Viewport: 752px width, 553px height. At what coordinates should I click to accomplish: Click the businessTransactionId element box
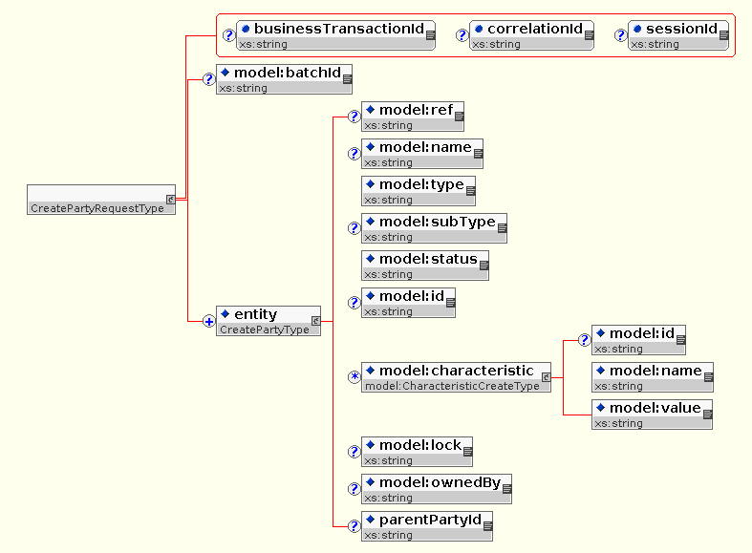click(335, 34)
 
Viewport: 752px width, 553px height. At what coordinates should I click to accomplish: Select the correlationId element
click(531, 34)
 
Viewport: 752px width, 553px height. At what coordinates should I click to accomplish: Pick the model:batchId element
click(285, 78)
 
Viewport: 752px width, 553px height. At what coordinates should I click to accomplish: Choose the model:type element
click(419, 190)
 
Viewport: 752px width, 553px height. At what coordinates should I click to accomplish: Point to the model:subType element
click(434, 227)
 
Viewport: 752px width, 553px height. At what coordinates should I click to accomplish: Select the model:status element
click(425, 265)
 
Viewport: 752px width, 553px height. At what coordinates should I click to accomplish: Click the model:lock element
click(417, 451)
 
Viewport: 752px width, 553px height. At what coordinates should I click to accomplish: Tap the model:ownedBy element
click(437, 488)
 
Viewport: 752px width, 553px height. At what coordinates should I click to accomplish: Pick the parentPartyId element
click(427, 525)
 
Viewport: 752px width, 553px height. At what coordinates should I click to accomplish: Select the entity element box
click(269, 320)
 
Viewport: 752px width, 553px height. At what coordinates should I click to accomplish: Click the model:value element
click(652, 414)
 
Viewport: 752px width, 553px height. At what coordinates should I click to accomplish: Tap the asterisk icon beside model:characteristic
click(354, 377)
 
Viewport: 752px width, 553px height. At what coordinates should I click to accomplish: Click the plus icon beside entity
click(208, 321)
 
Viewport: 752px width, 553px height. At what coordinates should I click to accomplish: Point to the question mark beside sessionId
click(620, 35)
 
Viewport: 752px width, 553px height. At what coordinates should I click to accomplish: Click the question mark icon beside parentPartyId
click(354, 526)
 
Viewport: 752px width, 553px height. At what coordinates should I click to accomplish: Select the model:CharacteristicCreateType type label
click(452, 386)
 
